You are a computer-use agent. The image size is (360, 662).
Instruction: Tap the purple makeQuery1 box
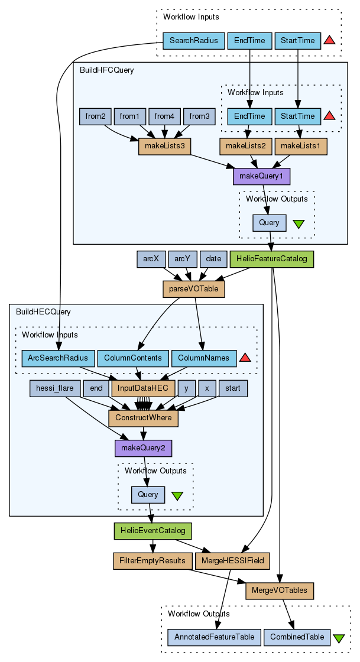click(262, 176)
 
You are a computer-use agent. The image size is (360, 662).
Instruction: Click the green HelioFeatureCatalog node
click(272, 259)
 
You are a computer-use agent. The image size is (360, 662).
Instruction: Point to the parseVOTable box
click(186, 289)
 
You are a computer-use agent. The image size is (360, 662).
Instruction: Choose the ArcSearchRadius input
click(58, 358)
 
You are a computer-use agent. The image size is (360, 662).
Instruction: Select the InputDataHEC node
click(144, 388)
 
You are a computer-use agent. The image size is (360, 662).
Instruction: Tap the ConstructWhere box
click(143, 418)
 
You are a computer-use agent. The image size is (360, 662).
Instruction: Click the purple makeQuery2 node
click(143, 448)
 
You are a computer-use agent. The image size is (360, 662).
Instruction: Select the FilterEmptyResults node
click(153, 560)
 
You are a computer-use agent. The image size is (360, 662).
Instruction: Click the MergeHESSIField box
click(232, 560)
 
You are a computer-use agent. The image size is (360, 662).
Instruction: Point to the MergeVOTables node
click(279, 590)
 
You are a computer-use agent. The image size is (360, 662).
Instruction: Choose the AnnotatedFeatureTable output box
click(214, 637)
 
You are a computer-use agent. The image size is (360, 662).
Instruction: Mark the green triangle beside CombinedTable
click(339, 638)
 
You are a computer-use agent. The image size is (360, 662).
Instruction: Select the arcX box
click(151, 259)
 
